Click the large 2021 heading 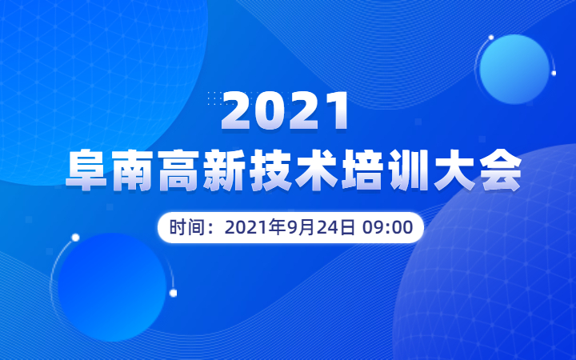[284, 111]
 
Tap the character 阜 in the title [86, 170]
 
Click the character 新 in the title [225, 170]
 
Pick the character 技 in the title [270, 170]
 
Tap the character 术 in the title [317, 170]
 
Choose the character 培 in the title [362, 170]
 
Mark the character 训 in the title [409, 170]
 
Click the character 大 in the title [454, 170]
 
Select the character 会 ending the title [501, 170]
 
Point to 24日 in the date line [335, 227]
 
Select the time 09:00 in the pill [387, 227]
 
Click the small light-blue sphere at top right [514, 70]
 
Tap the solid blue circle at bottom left [112, 287]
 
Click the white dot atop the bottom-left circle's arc [75, 238]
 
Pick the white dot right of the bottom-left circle [173, 293]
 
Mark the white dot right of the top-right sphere [554, 73]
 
